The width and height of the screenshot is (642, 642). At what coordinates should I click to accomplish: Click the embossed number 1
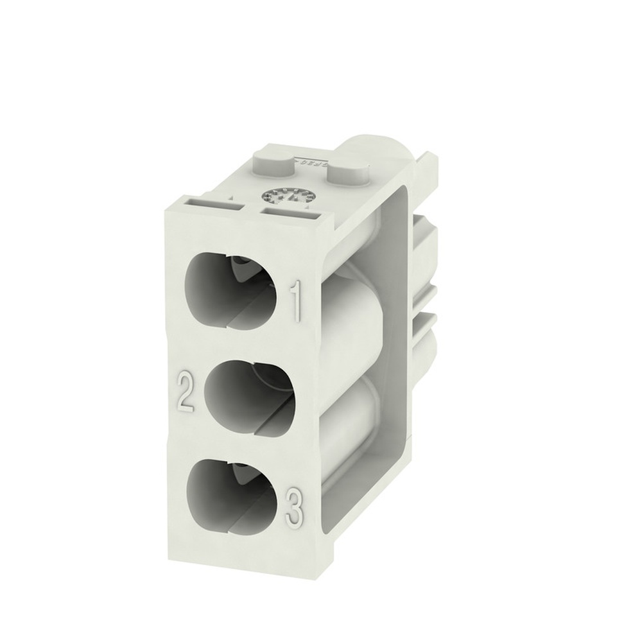[297, 302]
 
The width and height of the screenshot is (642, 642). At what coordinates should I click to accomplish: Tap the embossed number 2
[185, 393]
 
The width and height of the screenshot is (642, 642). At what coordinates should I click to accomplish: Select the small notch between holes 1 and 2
[172, 343]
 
